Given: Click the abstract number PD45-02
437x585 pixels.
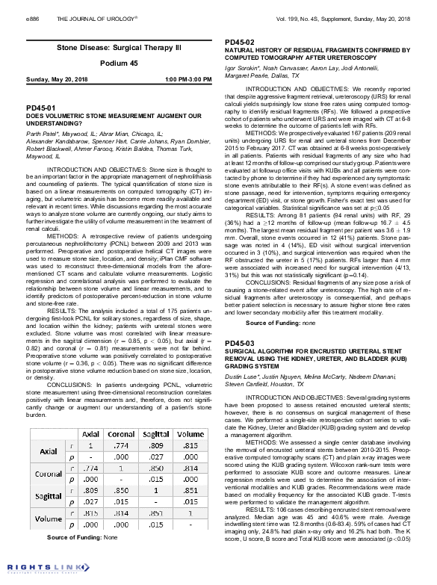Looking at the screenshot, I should click(239, 42).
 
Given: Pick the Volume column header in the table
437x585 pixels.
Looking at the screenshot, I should click(190, 433).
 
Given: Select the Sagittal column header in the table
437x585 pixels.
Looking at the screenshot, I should click(155, 433).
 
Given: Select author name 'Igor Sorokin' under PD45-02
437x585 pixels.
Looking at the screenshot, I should click(244, 68).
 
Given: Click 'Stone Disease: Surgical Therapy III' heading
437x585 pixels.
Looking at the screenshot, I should click(109, 46).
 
